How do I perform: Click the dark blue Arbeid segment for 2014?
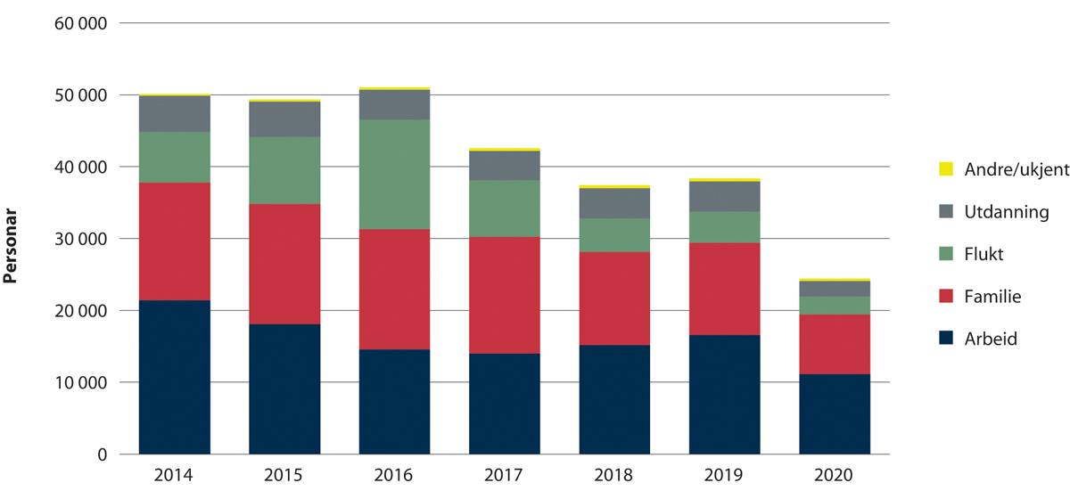[174, 377]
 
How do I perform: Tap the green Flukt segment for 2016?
[394, 174]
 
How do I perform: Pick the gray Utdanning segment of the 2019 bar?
[725, 196]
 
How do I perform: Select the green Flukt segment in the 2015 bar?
[284, 170]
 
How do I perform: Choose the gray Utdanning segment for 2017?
[505, 166]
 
